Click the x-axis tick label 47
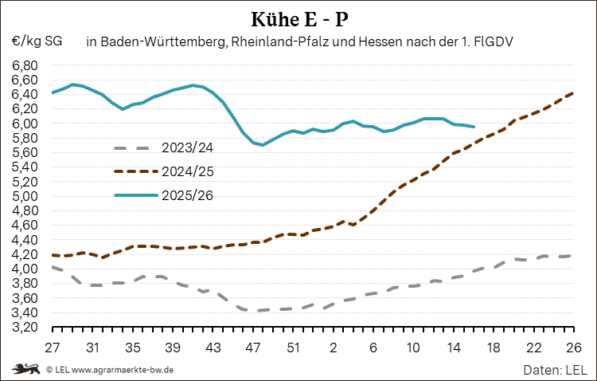click(253, 348)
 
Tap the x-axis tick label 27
click(53, 348)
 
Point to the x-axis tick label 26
click(572, 348)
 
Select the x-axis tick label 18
click(493, 348)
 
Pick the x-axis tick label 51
click(293, 348)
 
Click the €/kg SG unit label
click(37, 40)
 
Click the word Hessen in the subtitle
click(379, 40)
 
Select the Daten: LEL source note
click(555, 370)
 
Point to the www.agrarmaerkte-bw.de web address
click(123, 370)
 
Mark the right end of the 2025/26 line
click(474, 127)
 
